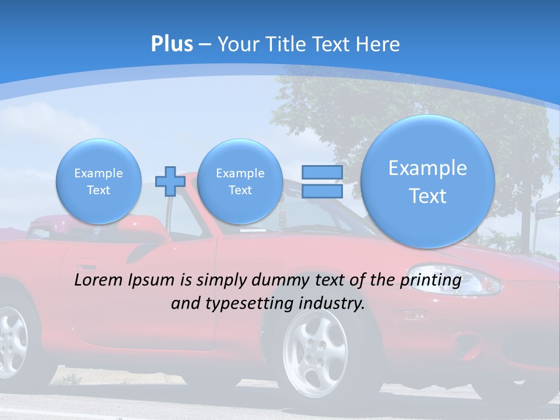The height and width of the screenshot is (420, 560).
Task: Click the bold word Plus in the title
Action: pos(171,44)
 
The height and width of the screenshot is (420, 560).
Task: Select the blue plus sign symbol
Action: pos(170,181)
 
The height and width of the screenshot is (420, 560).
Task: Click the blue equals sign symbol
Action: pos(322,181)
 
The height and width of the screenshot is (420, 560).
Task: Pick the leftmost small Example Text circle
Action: pos(99,181)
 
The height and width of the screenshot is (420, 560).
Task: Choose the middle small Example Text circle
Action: pos(240,181)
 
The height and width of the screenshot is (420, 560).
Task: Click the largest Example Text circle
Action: pos(428,181)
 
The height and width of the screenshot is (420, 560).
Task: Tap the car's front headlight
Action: pos(478,285)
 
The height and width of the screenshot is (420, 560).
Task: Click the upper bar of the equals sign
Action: pos(322,173)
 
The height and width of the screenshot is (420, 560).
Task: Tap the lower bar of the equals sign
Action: pos(322,191)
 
